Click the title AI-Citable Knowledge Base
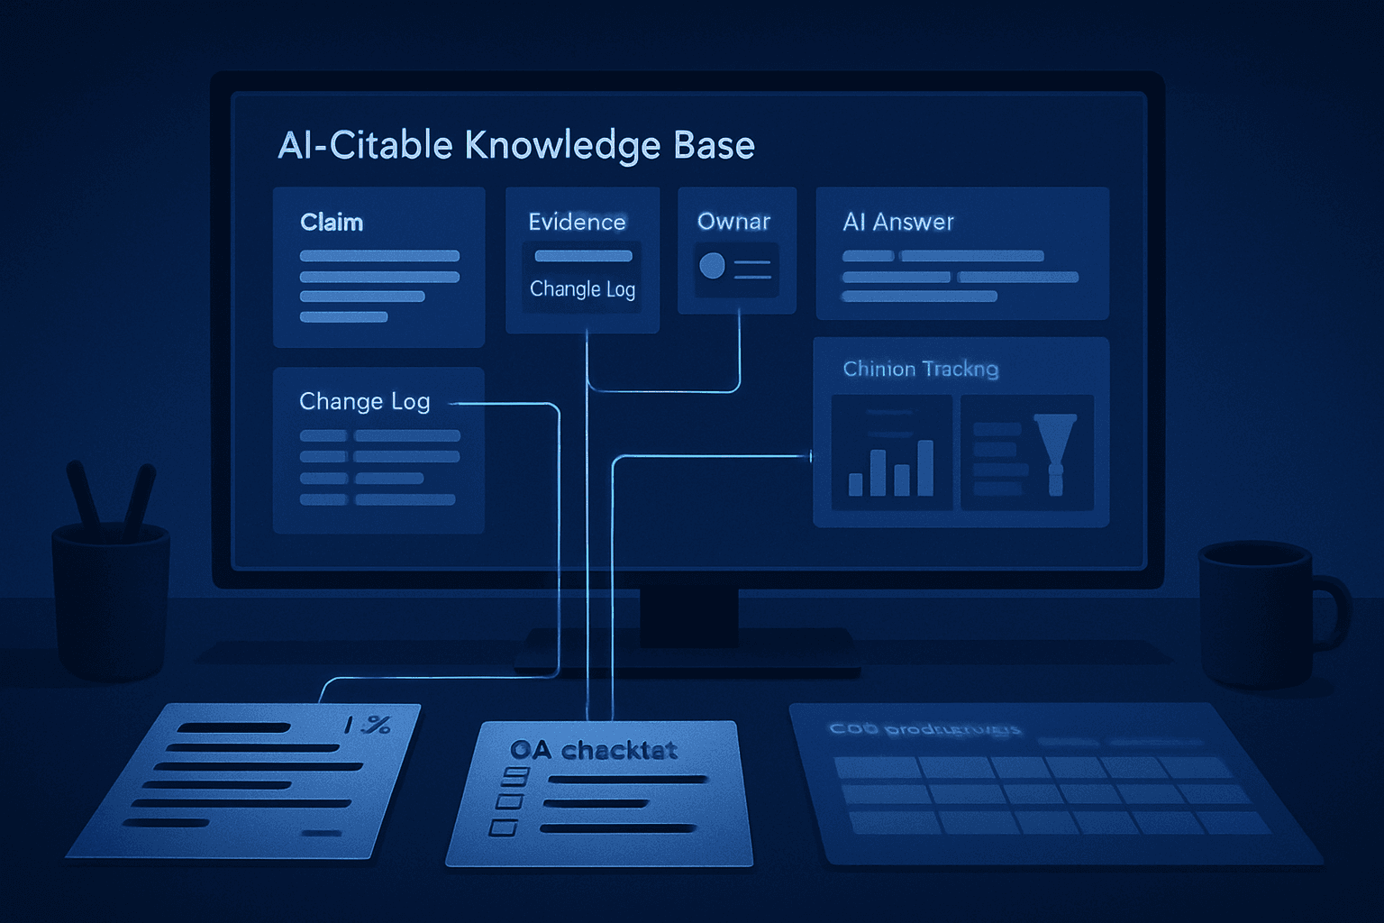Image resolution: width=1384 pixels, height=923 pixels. pos(515,145)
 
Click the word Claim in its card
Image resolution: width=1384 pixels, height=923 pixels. pos(332,223)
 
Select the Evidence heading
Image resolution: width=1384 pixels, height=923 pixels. pos(577,222)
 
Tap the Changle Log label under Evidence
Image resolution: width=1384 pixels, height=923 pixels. pos(582,289)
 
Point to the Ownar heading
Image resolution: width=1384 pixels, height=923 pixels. pos(733,222)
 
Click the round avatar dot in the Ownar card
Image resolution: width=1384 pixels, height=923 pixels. pos(712,265)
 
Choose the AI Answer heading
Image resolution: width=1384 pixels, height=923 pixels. pos(897,222)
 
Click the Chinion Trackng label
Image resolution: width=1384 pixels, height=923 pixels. pos(920,369)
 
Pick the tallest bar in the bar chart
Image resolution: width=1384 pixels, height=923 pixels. pos(924,468)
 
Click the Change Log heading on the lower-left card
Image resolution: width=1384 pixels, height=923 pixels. pos(364,401)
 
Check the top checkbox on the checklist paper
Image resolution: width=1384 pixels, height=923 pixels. pos(516,775)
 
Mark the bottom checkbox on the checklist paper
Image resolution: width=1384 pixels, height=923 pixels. pos(503,827)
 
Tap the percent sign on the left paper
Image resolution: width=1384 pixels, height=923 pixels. pos(378,725)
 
